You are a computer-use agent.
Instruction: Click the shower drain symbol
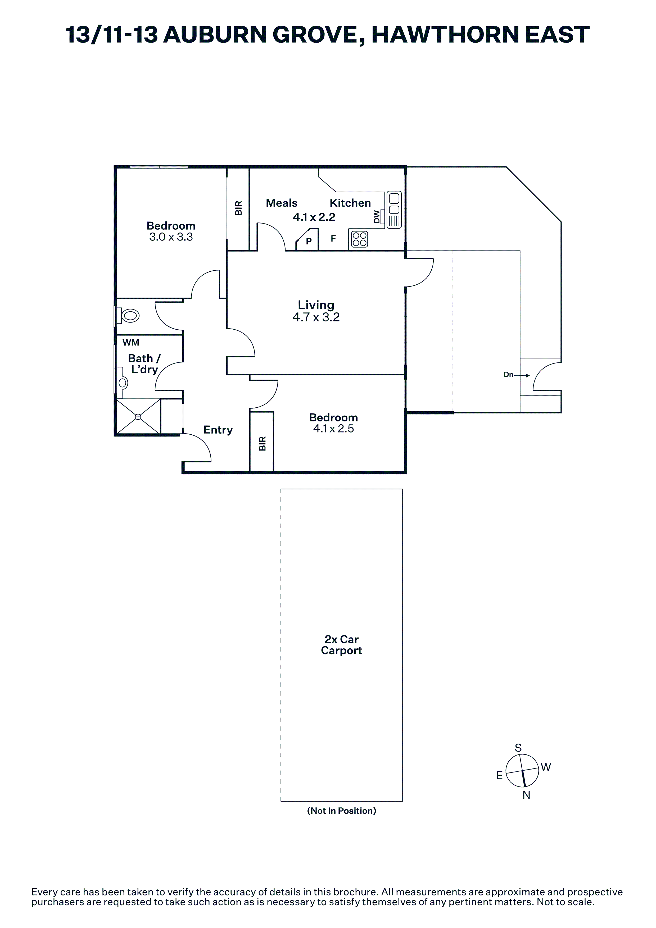click(x=138, y=417)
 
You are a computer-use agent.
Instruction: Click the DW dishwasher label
click(x=377, y=217)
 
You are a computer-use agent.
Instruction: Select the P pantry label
click(x=309, y=241)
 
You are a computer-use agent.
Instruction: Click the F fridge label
click(x=333, y=238)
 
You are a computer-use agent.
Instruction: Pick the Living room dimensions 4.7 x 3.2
click(x=316, y=317)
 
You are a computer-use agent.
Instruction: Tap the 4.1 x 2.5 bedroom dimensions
click(x=333, y=429)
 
